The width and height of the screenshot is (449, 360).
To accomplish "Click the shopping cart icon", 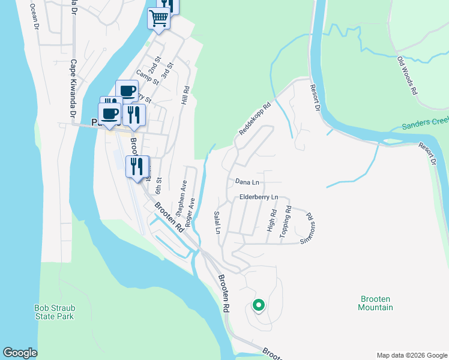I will click(158, 18).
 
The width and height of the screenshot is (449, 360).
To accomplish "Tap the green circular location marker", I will click(258, 305).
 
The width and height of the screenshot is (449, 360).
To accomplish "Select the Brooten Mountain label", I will click(376, 303).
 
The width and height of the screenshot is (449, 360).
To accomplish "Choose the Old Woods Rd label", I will click(407, 76).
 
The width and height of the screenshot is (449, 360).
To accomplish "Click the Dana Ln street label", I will click(247, 181).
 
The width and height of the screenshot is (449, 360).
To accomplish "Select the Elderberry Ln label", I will click(259, 197).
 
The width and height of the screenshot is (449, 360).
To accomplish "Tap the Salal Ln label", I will click(217, 223).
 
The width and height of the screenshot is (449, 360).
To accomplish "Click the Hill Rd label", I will click(186, 97).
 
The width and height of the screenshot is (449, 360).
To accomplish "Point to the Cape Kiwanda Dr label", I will click(74, 88).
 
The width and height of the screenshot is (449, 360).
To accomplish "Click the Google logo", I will click(20, 353).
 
